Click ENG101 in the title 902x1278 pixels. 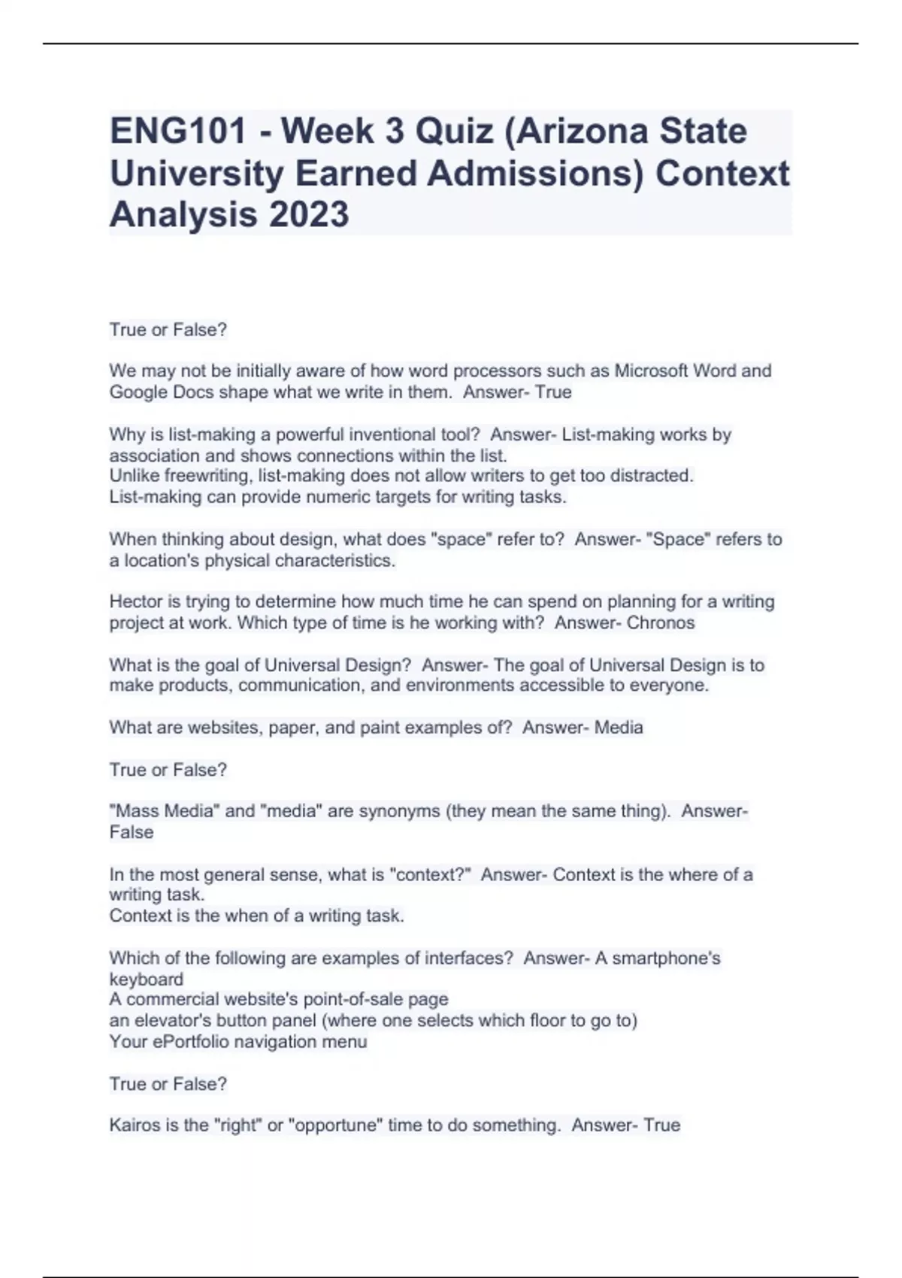(178, 132)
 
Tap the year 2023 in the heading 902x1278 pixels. (309, 214)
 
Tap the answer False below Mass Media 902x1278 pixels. (132, 832)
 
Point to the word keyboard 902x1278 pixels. (146, 979)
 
